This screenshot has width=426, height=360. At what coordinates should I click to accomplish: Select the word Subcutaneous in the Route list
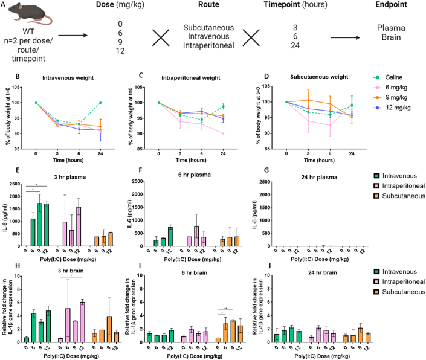coord(208,28)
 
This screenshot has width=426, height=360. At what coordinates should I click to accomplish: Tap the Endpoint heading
coord(391,5)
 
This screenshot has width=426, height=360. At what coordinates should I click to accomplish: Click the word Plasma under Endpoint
coord(391,28)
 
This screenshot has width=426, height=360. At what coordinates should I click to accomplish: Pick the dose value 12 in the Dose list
coord(120,51)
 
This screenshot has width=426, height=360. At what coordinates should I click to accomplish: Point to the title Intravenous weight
coord(68,78)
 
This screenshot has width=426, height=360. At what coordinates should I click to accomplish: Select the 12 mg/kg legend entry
coord(392,108)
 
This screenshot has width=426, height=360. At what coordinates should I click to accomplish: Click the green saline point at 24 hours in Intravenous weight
coord(100,103)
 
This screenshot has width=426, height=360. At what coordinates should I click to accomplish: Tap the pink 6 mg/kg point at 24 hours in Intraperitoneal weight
coord(223,133)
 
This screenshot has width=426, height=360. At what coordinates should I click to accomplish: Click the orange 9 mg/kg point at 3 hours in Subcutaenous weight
coord(308,100)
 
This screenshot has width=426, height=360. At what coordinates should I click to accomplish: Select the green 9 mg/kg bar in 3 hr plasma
coord(40,225)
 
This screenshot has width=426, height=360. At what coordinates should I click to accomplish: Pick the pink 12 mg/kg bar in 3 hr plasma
coord(79,227)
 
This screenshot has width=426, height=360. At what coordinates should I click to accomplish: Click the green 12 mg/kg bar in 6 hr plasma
coord(170,236)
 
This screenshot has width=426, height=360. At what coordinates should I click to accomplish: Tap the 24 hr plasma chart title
coord(319,178)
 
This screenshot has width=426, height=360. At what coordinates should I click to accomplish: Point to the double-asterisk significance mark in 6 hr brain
coord(225,309)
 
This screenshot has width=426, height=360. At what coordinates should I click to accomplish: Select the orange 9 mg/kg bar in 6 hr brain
coord(233,332)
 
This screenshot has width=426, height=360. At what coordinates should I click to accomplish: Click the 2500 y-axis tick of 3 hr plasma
coord(15,184)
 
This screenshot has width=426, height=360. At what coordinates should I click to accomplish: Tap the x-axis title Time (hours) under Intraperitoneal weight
coord(191,160)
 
